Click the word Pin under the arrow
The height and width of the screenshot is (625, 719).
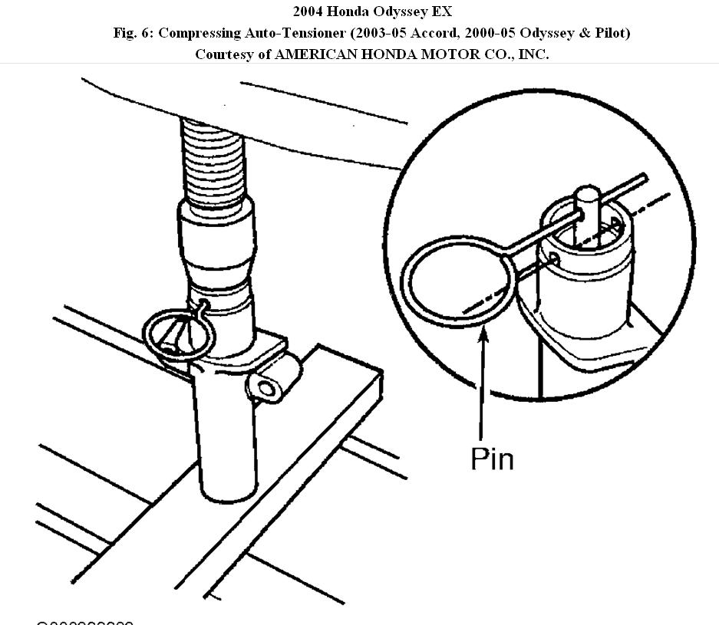(x=492, y=458)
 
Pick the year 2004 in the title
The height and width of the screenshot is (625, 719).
(x=308, y=12)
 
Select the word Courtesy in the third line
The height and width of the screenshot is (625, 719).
(x=223, y=54)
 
